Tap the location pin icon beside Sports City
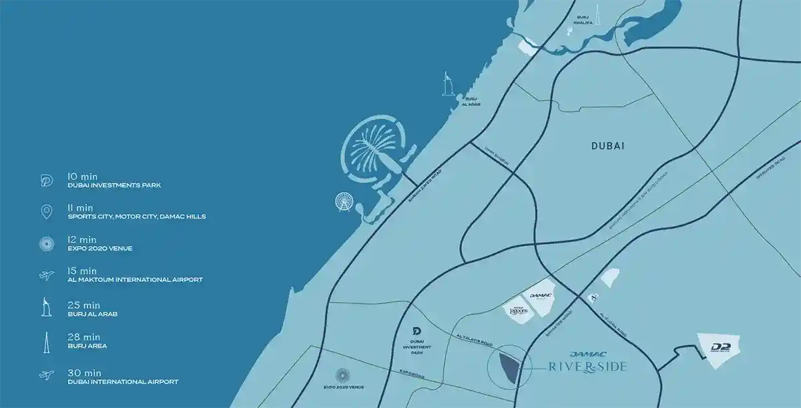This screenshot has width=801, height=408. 47,212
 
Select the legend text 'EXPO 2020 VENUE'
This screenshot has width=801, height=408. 100,249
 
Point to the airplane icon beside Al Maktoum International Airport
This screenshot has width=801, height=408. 47,275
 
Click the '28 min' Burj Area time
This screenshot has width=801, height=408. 83,337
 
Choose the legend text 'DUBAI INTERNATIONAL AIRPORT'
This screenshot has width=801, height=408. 123,382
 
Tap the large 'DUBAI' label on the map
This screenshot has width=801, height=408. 607,146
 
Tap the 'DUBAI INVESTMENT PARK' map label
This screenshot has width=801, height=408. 417,346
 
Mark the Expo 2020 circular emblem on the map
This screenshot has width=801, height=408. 342,376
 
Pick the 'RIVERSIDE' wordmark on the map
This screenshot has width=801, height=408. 586,366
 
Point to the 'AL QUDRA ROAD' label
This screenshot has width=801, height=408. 613,323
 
